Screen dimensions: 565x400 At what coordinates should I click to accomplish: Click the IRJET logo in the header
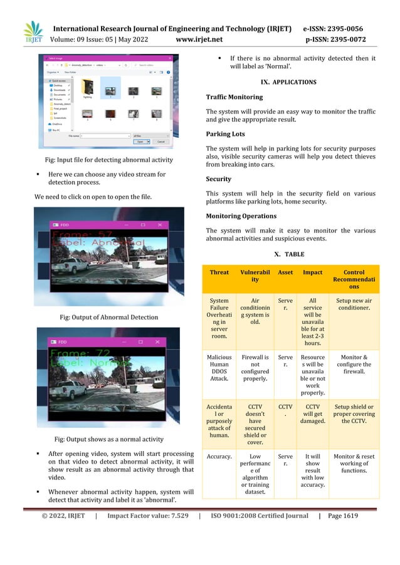(x=33, y=33)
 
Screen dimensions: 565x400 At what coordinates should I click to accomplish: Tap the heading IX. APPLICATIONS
(x=291, y=82)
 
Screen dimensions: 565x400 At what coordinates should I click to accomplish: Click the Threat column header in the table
(x=219, y=272)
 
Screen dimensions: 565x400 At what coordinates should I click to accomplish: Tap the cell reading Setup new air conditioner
(x=354, y=304)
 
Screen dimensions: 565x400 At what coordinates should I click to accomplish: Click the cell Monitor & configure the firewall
(x=354, y=366)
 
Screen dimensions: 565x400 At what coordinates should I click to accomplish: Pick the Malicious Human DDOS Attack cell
(x=219, y=370)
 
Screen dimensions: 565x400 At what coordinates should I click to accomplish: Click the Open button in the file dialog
(x=142, y=142)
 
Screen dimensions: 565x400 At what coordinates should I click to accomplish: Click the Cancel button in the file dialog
(x=160, y=142)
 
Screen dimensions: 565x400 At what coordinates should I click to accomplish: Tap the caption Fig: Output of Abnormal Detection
(x=108, y=318)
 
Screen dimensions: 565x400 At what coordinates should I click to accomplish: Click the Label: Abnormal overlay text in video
(x=94, y=242)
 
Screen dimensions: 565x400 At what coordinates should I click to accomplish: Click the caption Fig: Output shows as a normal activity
(x=109, y=439)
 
